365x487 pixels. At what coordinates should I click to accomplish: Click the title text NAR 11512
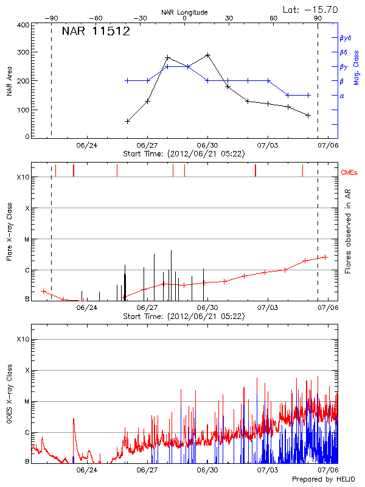coord(96,32)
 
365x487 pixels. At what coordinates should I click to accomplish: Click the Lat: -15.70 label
coord(311,9)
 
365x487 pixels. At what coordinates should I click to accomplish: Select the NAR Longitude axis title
coord(184,12)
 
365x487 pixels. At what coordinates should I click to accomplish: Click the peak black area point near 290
coord(207,55)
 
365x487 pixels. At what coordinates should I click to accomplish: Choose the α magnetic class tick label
coord(342,96)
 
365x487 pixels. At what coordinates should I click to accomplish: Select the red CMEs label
coord(349,172)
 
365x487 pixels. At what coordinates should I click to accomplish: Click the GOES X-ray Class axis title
coord(10,400)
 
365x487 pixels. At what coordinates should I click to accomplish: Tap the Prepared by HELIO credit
coord(322,479)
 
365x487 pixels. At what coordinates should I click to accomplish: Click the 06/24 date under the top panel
coord(87,145)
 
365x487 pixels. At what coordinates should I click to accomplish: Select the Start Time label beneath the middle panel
coord(184,316)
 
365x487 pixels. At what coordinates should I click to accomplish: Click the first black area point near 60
coord(127,121)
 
